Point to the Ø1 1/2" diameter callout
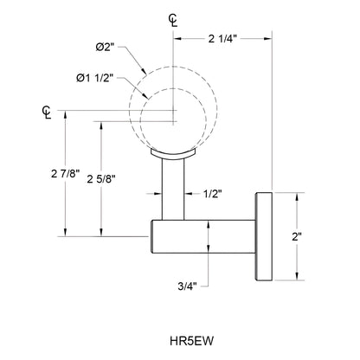[x=100, y=80]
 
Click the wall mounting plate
[x=262, y=236]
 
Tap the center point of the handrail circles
[x=177, y=111]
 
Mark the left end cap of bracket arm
[x=156, y=235]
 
